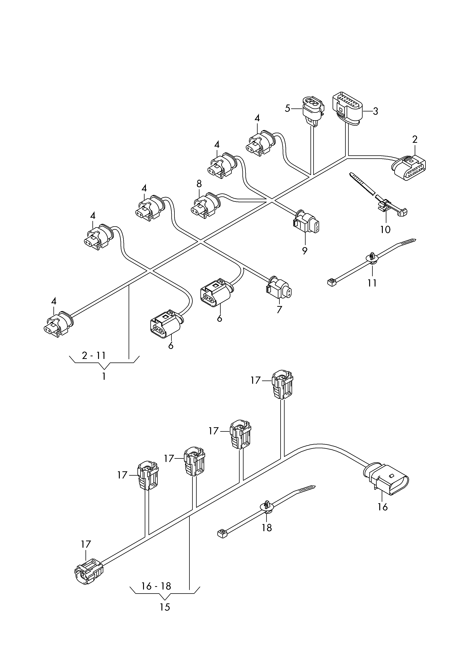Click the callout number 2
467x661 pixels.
415,140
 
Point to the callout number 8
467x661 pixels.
199,184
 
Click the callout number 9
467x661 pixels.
305,251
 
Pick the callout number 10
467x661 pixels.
385,229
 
